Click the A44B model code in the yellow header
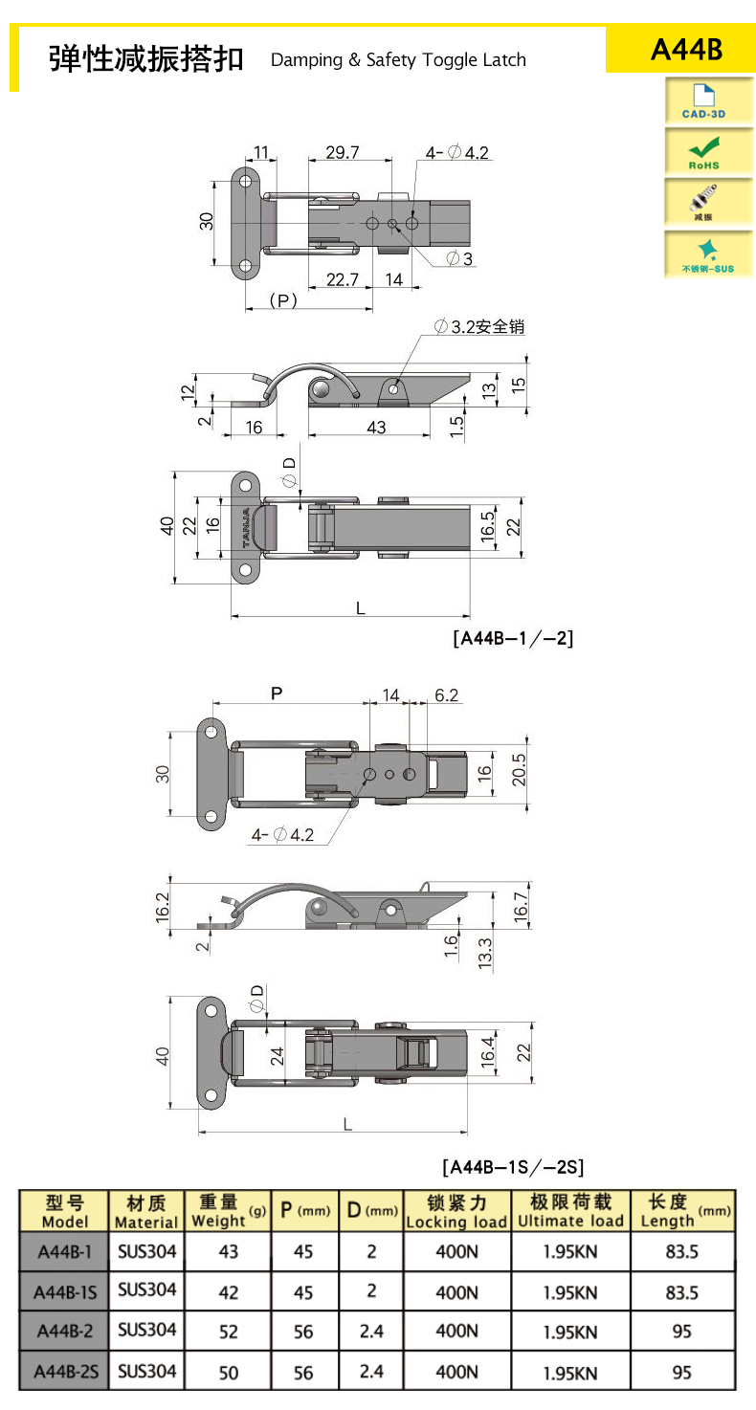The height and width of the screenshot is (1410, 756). pyautogui.click(x=686, y=50)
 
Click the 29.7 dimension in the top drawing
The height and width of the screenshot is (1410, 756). pyautogui.click(x=343, y=152)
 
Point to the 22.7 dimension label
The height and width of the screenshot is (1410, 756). pyautogui.click(x=343, y=279)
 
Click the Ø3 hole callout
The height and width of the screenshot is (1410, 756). pyautogui.click(x=459, y=258)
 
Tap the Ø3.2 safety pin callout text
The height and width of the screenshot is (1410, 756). pyautogui.click(x=479, y=327)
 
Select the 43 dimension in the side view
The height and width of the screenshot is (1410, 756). pyautogui.click(x=376, y=428)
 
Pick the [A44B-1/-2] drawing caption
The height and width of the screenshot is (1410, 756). pyautogui.click(x=513, y=638)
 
